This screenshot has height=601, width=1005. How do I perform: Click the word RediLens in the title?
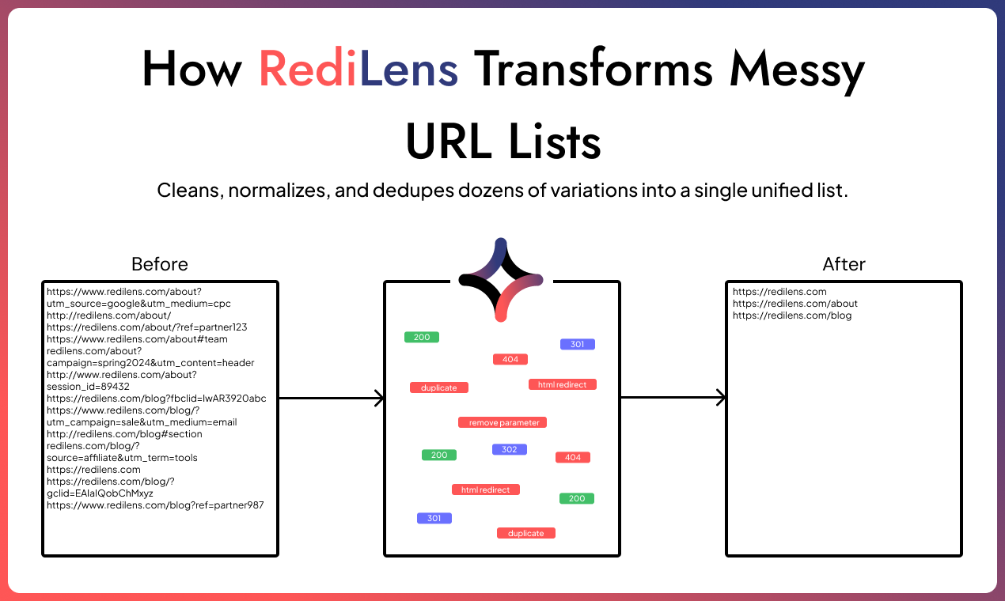pos(358,70)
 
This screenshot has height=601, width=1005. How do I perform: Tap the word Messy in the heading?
pos(797,70)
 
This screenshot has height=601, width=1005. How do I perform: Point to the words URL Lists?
pos(502,142)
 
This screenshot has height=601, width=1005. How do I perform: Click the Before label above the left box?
pos(160,264)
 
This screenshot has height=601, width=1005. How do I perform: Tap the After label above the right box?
pos(844,264)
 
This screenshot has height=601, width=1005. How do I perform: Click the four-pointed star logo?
pos(501,279)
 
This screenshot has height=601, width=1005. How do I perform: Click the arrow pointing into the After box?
pos(673,398)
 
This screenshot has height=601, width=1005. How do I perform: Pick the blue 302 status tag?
pos(509,449)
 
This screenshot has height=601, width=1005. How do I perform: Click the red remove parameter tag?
pos(503,422)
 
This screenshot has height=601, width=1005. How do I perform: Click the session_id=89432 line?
pos(88,387)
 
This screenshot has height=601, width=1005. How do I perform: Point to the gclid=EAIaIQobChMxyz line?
pos(100,493)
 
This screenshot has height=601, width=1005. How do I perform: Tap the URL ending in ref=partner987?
pos(155,505)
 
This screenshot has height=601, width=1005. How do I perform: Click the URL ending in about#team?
pos(137,339)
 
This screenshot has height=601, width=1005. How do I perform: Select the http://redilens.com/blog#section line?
pos(124,434)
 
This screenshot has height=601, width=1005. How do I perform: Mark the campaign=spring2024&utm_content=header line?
pos(150,363)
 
